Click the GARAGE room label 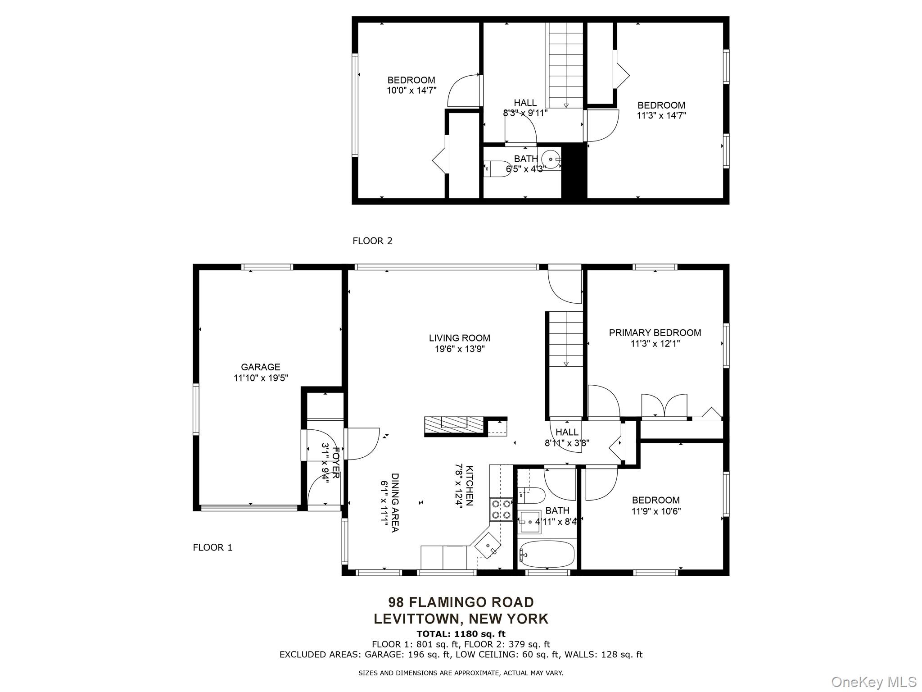[x=260, y=367]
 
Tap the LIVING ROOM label [x=459, y=338]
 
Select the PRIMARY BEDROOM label [x=655, y=333]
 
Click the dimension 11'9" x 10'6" [x=656, y=511]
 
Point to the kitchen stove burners [x=501, y=510]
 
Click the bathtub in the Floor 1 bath [x=547, y=554]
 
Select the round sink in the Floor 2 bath [x=550, y=159]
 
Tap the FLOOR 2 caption [x=372, y=241]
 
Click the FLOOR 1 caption [x=212, y=547]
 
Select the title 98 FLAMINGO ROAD [x=461, y=602]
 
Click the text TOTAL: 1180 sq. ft [x=461, y=634]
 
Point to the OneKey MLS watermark [x=874, y=682]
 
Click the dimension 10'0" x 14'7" [x=411, y=90]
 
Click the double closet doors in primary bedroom [x=664, y=405]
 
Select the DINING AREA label [x=395, y=502]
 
